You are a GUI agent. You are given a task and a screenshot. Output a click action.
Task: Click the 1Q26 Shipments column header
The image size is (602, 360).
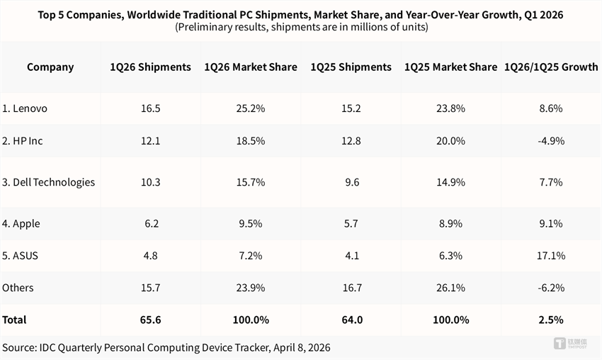(150, 67)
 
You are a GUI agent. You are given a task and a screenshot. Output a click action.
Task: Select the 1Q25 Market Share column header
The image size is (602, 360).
(450, 67)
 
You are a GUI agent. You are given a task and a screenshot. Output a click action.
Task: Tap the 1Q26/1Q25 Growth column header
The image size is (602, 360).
(551, 67)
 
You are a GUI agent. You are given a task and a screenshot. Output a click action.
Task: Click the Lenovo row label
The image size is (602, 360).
(25, 108)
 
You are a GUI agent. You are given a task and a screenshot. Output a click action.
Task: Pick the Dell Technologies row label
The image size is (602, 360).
(48, 182)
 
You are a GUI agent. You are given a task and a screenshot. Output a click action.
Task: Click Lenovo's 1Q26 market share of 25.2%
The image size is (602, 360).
(251, 108)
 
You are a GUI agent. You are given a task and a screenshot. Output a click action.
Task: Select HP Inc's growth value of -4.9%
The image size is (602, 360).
(551, 141)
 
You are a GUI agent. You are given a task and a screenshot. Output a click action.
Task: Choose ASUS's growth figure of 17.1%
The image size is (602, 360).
(551, 256)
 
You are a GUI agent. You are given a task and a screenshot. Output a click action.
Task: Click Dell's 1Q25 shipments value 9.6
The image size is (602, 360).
(351, 182)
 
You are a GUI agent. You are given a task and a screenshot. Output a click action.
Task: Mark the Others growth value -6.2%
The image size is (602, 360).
(551, 288)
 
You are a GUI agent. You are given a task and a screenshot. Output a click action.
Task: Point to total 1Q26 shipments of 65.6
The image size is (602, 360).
(150, 320)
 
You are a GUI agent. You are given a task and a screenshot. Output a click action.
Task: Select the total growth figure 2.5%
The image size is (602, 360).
(551, 320)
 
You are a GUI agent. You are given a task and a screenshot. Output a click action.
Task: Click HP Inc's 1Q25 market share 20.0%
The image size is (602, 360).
(450, 141)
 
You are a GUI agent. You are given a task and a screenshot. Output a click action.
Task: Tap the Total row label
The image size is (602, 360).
(14, 320)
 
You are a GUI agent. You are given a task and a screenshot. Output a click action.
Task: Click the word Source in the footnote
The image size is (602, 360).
(20, 347)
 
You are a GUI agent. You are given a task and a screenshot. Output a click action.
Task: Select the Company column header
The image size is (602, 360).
(50, 67)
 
